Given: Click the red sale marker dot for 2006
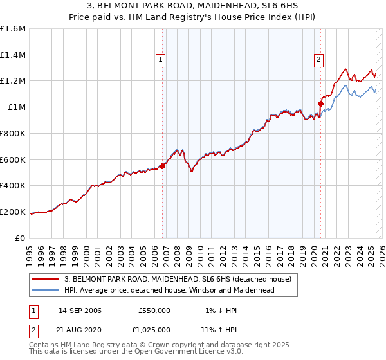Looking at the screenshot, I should [x=162, y=166].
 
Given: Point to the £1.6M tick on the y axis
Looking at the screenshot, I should [x=13, y=29].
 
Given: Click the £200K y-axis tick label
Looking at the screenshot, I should [x=13, y=212].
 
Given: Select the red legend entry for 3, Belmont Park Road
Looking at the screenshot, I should [x=178, y=279].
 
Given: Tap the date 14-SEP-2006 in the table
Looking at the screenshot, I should [x=80, y=310].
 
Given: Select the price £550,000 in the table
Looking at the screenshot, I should [x=154, y=310].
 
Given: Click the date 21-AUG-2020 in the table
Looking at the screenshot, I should [x=80, y=329].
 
